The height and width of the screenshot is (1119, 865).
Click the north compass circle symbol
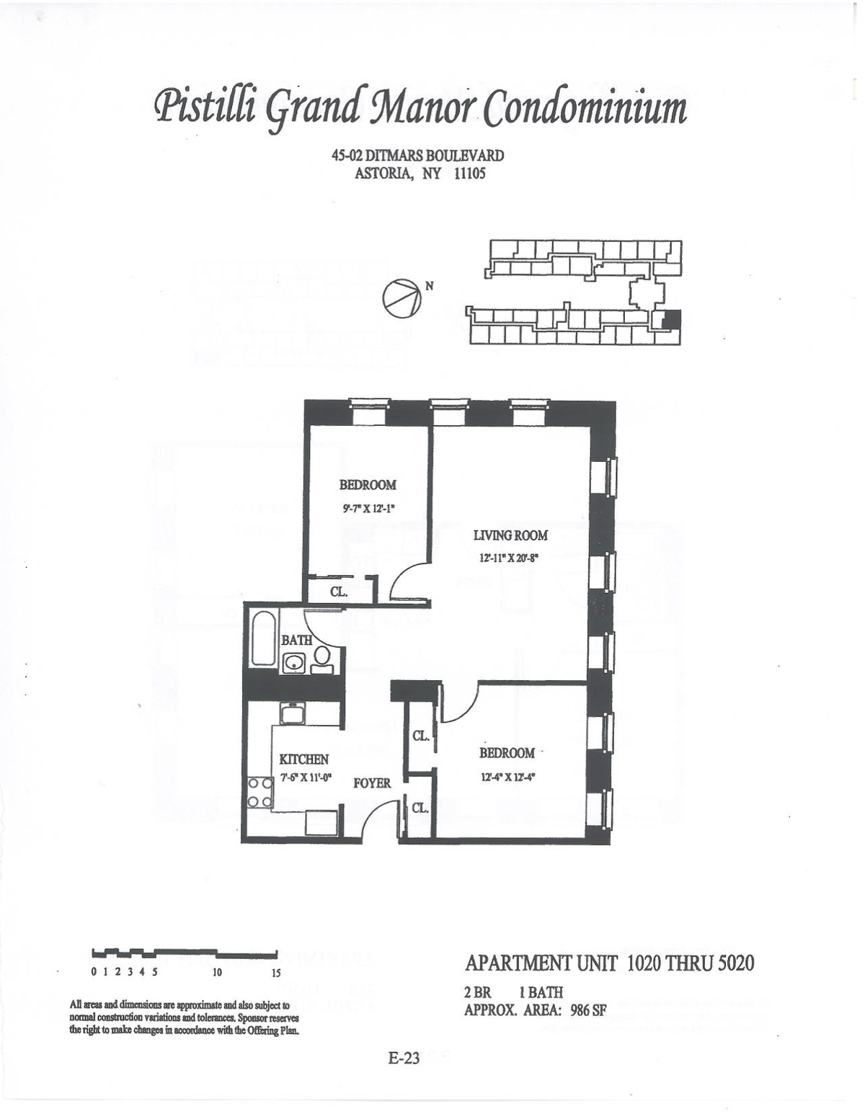[x=400, y=298]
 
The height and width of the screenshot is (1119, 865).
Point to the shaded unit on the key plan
[x=670, y=319]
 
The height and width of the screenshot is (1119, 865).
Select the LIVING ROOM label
[x=510, y=535]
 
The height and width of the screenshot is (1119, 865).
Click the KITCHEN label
[x=304, y=759]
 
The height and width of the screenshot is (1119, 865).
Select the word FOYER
[x=372, y=783]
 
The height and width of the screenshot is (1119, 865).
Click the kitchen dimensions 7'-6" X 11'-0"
[x=305, y=778]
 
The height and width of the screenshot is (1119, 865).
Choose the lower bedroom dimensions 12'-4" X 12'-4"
[x=507, y=777]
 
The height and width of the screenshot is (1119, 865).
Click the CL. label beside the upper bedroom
[x=339, y=592]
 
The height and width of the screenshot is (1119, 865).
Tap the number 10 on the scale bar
[x=217, y=972]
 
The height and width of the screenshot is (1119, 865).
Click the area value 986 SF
[x=587, y=1009]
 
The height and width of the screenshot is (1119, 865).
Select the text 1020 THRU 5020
[x=691, y=963]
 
